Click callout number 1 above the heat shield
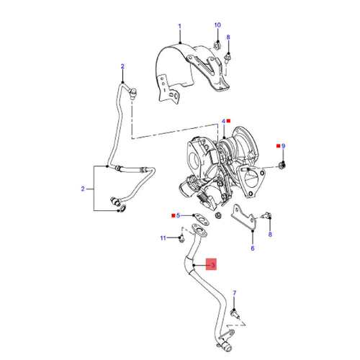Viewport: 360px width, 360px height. pos(179,26)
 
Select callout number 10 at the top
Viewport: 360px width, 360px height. pos(217,25)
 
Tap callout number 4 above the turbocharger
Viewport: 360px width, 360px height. pos(223,122)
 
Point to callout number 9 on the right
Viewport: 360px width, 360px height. pos(284,146)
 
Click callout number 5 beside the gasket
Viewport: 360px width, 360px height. pos(178,215)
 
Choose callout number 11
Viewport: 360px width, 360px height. pos(163,238)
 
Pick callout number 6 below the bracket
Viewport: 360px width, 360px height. pos(253,248)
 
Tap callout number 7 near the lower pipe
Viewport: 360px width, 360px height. pos(235,293)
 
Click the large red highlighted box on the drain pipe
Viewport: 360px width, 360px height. pos(211,264)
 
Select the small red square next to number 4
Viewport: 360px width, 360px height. pos(228,121)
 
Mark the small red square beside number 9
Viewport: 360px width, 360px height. pos(279,146)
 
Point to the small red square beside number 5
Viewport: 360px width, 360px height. pos(173,215)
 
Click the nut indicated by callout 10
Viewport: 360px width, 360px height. pos(217,45)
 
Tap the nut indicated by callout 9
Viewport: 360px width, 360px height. pos(283,165)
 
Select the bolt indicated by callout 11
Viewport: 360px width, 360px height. pos(181,239)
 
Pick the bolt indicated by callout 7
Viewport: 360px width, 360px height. pos(235,314)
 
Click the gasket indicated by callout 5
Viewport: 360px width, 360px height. pos(201,218)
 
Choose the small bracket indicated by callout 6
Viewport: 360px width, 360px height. pos(244,217)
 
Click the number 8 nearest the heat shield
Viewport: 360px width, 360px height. pos(228,37)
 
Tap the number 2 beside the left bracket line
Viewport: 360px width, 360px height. pos(83,189)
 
